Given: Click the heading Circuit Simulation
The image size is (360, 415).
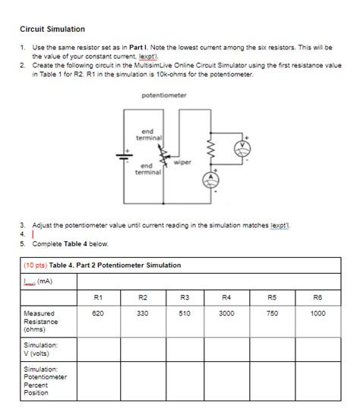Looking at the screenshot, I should pyautogui.click(x=52, y=29).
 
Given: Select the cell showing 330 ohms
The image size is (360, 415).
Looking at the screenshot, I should pyautogui.click(x=142, y=312).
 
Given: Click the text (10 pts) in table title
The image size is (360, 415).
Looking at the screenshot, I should pyautogui.click(x=36, y=265).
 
